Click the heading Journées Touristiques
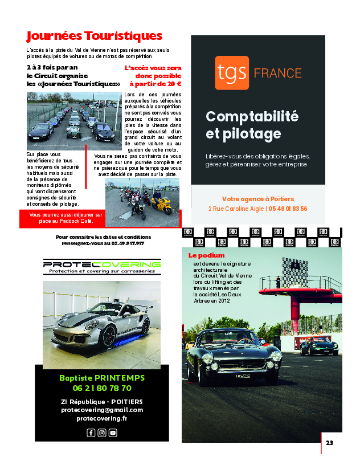(x=95, y=36)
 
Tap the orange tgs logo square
(x=232, y=73)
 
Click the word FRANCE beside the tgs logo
(x=277, y=73)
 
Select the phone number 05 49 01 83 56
(x=288, y=209)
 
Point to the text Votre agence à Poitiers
(x=257, y=199)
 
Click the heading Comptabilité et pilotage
(x=244, y=125)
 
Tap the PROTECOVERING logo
(x=102, y=266)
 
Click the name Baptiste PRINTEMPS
(x=102, y=378)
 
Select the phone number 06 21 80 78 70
(x=102, y=388)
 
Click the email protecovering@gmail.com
(x=102, y=410)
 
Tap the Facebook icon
(x=91, y=433)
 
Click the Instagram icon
(x=102, y=433)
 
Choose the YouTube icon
(x=113, y=433)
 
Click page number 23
(x=330, y=442)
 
